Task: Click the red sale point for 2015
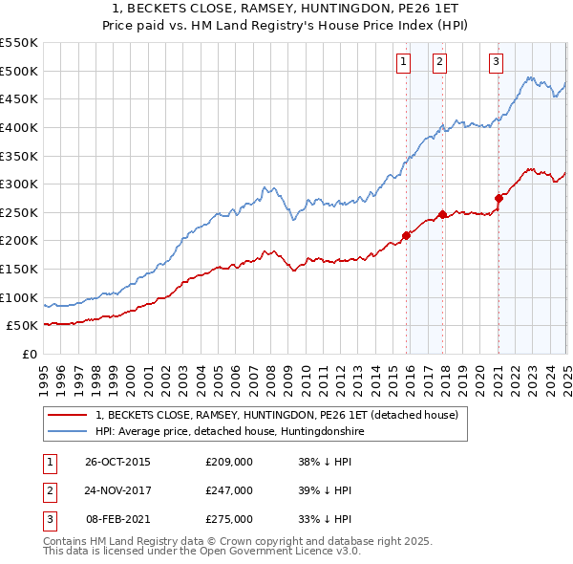pyautogui.click(x=406, y=234)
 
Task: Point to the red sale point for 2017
pyautogui.click(x=442, y=214)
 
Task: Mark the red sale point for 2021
pyautogui.click(x=499, y=199)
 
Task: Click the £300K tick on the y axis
pyautogui.click(x=21, y=184)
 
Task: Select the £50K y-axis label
pyautogui.click(x=25, y=326)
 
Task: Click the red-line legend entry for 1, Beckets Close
pyautogui.click(x=277, y=415)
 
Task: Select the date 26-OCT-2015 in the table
pyautogui.click(x=117, y=462)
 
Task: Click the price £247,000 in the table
pyautogui.click(x=228, y=490)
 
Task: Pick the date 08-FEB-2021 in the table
pyautogui.click(x=117, y=519)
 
